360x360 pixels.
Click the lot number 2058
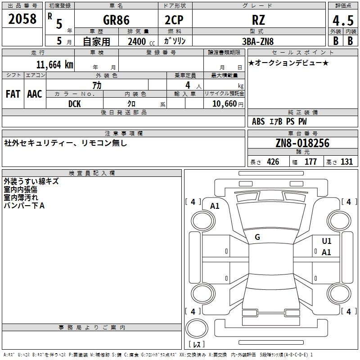(x=22, y=18)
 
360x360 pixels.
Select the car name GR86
(x=116, y=20)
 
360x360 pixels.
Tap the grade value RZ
(x=259, y=20)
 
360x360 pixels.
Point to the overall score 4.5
(x=342, y=20)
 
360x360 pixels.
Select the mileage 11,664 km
(x=54, y=64)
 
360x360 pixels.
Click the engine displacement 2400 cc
(x=139, y=41)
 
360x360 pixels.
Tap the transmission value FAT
(x=13, y=94)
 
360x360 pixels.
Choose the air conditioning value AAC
(x=35, y=94)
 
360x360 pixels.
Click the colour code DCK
(x=75, y=103)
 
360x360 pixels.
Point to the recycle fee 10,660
(x=224, y=103)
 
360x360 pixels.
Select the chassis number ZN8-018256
(x=302, y=143)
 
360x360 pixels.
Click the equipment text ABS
(x=258, y=121)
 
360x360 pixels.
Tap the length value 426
(x=272, y=162)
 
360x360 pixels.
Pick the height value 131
(x=346, y=162)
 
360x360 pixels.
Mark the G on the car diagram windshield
(x=257, y=237)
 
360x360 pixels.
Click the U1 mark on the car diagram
(x=326, y=241)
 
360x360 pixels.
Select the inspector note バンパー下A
(x=24, y=206)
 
